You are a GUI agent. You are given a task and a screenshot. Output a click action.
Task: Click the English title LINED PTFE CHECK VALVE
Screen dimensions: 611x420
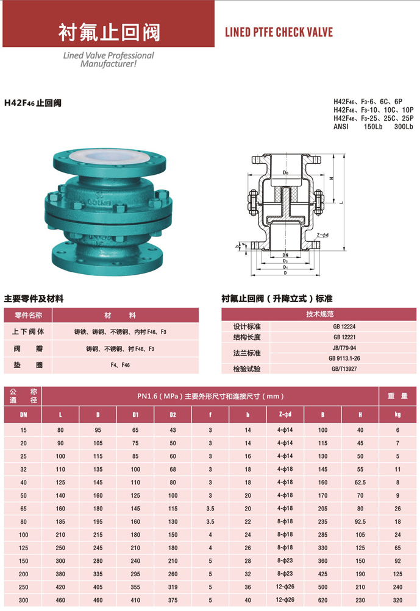[279, 32]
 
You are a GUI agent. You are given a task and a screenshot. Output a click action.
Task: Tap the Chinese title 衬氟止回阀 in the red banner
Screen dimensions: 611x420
[109, 32]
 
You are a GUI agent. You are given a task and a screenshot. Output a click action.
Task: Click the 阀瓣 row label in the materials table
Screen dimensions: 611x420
[27, 349]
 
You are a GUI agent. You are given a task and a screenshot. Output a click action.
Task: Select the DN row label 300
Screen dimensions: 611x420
[23, 599]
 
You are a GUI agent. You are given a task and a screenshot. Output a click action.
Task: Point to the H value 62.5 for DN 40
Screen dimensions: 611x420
[360, 482]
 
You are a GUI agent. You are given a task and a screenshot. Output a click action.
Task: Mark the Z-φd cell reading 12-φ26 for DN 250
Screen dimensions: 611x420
[285, 586]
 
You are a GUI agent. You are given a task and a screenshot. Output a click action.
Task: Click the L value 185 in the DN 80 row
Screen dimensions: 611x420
[60, 521]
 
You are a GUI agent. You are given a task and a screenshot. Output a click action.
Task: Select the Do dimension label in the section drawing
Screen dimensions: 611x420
[285, 173]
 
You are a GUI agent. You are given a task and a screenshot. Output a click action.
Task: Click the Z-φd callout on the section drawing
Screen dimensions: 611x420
[322, 235]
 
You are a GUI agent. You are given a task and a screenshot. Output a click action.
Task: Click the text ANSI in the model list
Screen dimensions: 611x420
[341, 127]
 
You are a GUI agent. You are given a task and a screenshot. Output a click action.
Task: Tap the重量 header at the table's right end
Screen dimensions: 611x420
[397, 396]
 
